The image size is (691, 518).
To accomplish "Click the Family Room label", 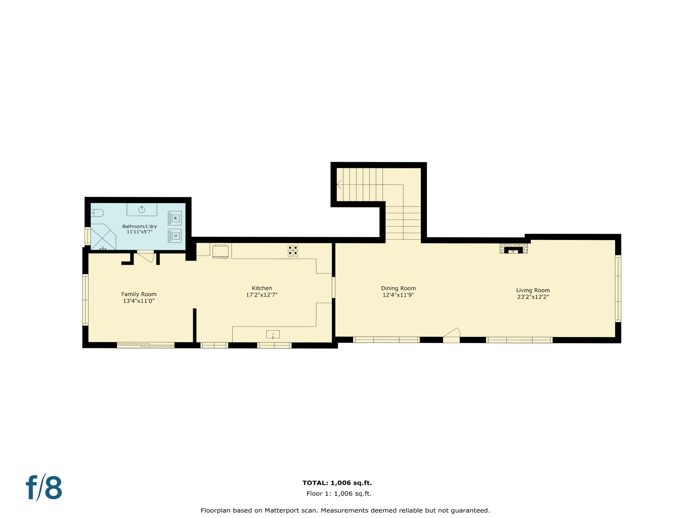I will click(x=139, y=294).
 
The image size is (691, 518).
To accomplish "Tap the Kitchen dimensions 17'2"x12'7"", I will click(x=261, y=295).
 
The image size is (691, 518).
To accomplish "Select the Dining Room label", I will click(x=398, y=288).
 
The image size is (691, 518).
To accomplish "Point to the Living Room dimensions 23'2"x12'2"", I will click(x=533, y=297).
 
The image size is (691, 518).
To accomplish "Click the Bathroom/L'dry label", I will click(x=139, y=226).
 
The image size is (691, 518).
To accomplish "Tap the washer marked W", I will click(x=175, y=218).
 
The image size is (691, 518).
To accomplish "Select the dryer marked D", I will click(x=175, y=236).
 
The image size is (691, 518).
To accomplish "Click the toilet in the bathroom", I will click(x=98, y=213).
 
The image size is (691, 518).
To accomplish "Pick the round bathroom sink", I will click(x=142, y=210).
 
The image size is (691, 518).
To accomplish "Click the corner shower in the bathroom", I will click(x=103, y=237).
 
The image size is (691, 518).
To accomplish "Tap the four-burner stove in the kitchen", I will click(x=293, y=251).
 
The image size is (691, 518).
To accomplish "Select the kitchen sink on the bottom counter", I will click(x=273, y=334).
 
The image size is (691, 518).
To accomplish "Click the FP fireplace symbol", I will click(x=513, y=251).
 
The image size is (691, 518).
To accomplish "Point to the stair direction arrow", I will click(x=339, y=184).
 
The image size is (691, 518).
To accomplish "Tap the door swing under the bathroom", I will click(x=146, y=256).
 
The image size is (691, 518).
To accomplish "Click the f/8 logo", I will click(x=44, y=487).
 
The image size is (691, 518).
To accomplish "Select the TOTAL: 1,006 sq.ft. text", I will click(x=337, y=483).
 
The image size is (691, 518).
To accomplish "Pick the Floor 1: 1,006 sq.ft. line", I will click(x=338, y=494).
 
